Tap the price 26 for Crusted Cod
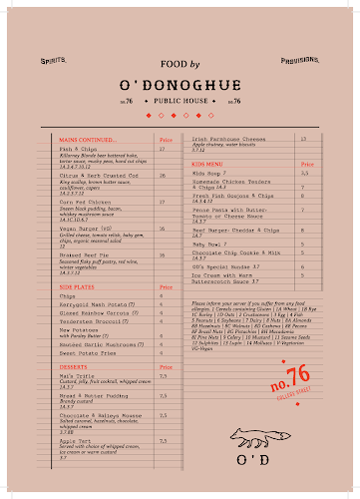click(x=162, y=175)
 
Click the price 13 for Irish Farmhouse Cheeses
click(x=303, y=139)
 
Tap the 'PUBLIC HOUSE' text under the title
click(x=180, y=101)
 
